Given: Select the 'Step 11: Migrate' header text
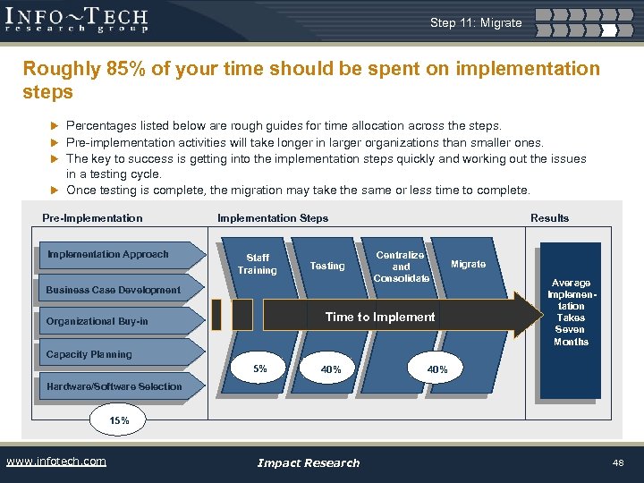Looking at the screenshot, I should click(x=475, y=22).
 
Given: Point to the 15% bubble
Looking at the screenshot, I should click(x=119, y=419).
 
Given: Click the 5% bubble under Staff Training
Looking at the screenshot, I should click(x=260, y=369).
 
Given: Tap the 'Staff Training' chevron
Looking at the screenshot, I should click(x=257, y=264).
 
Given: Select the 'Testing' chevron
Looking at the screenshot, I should click(x=326, y=266).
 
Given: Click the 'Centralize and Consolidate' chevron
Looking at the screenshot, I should click(x=401, y=267).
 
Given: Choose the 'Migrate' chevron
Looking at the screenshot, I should click(x=468, y=264).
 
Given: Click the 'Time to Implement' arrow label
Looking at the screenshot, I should click(x=380, y=317).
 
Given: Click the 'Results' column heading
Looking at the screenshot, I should click(x=549, y=218).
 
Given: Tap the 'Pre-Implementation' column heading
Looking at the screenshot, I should click(x=92, y=218).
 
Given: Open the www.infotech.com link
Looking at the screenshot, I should click(x=55, y=462).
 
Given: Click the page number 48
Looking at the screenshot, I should click(x=617, y=462).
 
